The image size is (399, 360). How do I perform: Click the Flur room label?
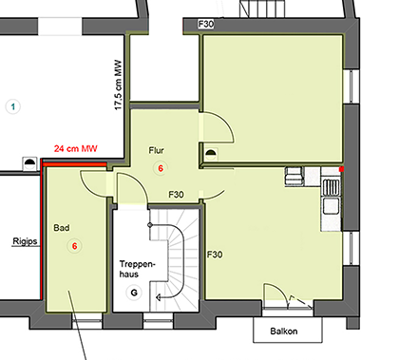point(157,150)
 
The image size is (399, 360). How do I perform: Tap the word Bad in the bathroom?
point(62,228)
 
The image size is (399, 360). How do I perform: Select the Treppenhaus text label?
point(138,269)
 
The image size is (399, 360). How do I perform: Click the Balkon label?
point(284,332)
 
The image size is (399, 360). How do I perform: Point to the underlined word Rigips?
point(25,241)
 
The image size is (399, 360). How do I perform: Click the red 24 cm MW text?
point(76,148)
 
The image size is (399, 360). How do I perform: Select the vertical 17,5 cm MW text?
point(118,85)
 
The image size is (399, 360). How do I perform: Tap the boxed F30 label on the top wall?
point(206,24)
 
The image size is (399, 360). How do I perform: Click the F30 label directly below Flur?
point(176,194)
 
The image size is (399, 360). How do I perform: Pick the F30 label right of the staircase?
point(215,255)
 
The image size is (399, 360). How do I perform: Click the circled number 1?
point(13,106)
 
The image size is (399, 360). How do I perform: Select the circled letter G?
point(134,293)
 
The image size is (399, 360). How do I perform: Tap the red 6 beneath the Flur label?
point(161,168)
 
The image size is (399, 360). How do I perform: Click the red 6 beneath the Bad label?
point(75,246)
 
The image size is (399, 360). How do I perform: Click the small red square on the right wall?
point(341,169)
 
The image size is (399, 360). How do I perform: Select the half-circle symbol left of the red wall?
point(29,163)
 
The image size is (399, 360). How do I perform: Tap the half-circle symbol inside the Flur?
point(211,155)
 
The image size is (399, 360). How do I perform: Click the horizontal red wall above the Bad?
point(74,164)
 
